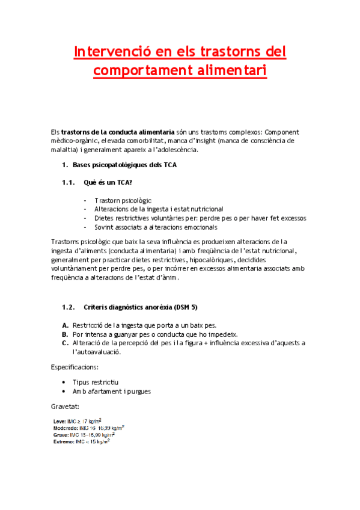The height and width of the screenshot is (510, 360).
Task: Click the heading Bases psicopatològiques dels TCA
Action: coord(124,165)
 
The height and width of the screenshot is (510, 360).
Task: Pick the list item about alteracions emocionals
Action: coord(155,227)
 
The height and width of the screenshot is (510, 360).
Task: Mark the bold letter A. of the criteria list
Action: coord(65,325)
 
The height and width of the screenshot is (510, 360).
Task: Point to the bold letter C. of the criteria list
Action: coord(65,343)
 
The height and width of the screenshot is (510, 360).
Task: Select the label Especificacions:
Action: coord(75,366)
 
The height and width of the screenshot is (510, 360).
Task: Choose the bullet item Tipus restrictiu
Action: coord(96,382)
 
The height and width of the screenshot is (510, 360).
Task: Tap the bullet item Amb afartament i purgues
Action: coord(111,391)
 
